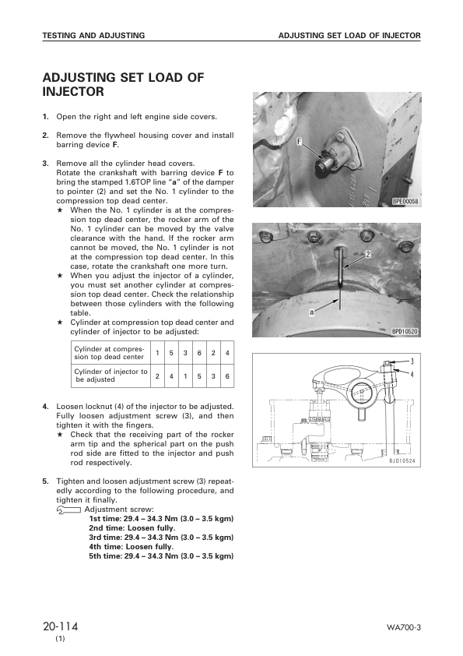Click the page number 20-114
point(60,626)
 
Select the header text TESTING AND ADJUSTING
point(93,36)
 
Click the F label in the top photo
point(299,142)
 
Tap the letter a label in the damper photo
point(311,312)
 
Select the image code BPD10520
point(405,330)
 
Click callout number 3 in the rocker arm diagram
point(412,362)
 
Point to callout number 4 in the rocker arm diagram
point(412,374)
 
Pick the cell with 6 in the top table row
point(198,352)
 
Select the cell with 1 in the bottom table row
point(184,376)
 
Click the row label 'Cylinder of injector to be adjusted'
point(110,376)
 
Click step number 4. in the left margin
point(46,407)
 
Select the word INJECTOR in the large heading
point(73,92)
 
